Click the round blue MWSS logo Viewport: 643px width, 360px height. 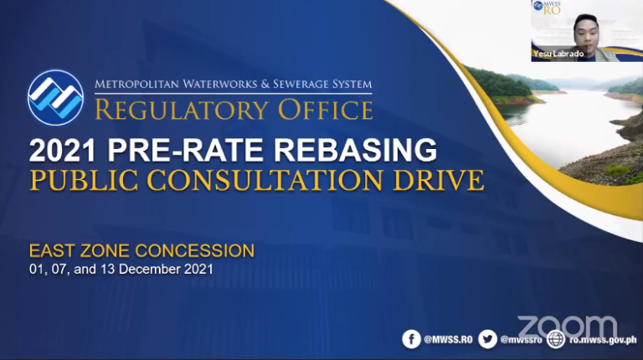pyautogui.click(x=56, y=98)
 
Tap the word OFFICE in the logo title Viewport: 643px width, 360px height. pyautogui.click(x=326, y=110)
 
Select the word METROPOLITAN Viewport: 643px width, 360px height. pyautogui.click(x=137, y=85)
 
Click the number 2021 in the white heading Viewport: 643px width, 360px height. pyautogui.click(x=62, y=150)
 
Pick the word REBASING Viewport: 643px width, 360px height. pyautogui.click(x=355, y=150)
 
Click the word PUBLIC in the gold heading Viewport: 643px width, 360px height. pyautogui.click(x=84, y=180)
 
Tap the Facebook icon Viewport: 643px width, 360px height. pyautogui.click(x=411, y=339)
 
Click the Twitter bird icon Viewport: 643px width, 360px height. pyautogui.click(x=487, y=339)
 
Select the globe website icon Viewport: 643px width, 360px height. pyautogui.click(x=556, y=340)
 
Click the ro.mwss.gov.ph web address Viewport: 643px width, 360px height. pyautogui.click(x=603, y=340)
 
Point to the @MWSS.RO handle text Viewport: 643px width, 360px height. pyautogui.click(x=448, y=340)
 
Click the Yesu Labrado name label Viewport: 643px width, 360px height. pyautogui.click(x=558, y=54)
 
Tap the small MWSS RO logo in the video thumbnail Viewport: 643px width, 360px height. pyautogui.click(x=547, y=8)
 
